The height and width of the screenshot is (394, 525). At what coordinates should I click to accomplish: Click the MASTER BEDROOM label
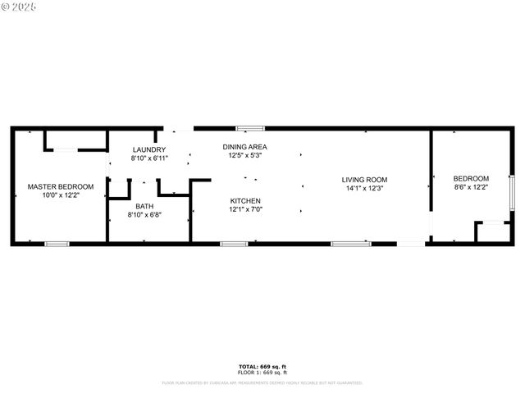60,186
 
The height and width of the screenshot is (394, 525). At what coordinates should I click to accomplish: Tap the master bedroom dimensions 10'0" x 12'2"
60,195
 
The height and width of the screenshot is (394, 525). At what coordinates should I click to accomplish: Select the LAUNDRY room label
148,149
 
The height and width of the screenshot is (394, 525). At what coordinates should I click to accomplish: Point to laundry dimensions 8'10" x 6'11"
148,158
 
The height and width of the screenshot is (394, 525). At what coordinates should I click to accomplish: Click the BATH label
144,206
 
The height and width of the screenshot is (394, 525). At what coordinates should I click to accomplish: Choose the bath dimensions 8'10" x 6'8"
144,215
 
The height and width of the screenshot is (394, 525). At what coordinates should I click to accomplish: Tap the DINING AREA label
244,147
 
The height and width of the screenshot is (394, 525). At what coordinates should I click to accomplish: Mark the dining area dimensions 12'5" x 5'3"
244,155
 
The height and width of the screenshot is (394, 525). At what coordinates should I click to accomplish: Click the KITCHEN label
245,200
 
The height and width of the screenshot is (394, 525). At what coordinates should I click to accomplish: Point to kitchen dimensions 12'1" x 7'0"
245,209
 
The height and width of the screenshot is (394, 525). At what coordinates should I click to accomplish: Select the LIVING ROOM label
364,179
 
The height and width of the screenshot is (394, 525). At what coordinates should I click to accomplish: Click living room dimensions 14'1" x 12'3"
364,188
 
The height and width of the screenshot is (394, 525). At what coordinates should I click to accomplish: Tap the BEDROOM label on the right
471,178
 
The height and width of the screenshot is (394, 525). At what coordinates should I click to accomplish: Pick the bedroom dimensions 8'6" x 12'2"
471,187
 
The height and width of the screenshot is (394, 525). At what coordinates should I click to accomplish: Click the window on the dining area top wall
250,128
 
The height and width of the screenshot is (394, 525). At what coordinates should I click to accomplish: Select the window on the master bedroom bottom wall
57,243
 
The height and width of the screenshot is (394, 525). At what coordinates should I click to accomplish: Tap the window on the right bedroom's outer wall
511,194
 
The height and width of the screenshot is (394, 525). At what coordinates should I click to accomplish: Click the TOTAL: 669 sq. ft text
262,366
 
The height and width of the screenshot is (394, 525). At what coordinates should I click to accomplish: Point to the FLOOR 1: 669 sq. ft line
262,373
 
